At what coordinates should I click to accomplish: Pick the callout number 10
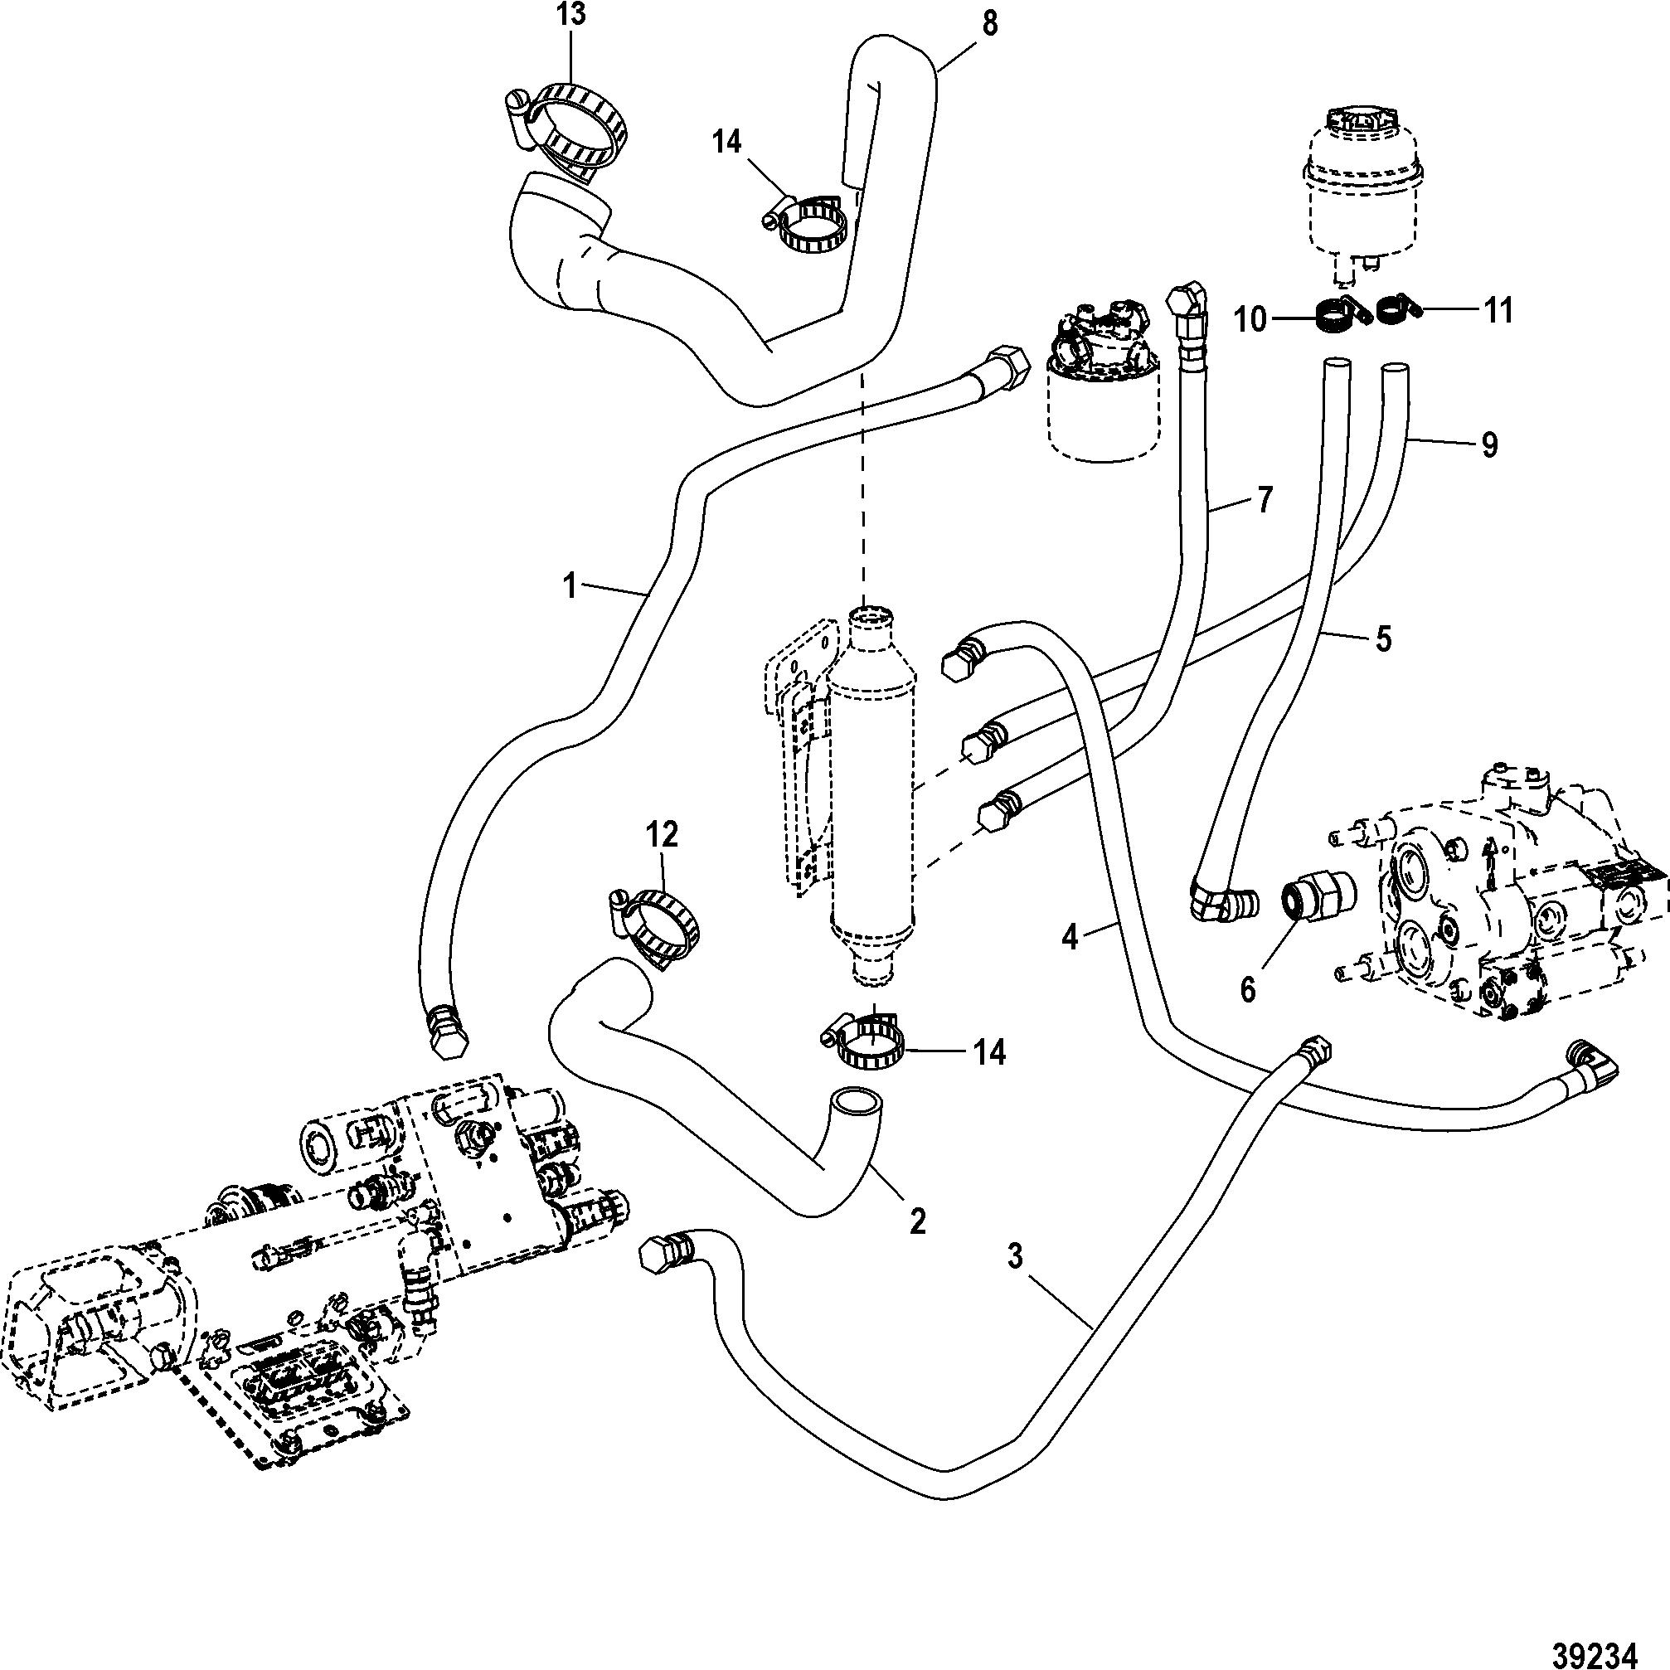point(1250,319)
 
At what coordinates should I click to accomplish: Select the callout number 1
point(569,586)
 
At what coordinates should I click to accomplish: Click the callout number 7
point(1264,500)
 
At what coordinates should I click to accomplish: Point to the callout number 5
point(1383,638)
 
